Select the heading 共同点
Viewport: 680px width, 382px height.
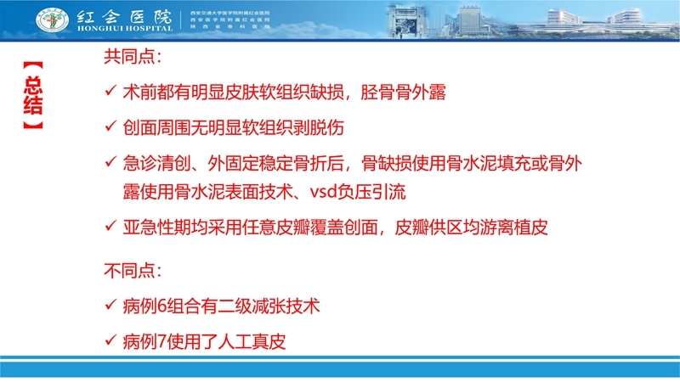(x=132, y=59)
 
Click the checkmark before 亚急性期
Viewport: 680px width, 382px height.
(x=108, y=227)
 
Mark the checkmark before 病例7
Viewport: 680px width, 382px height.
(x=108, y=341)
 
